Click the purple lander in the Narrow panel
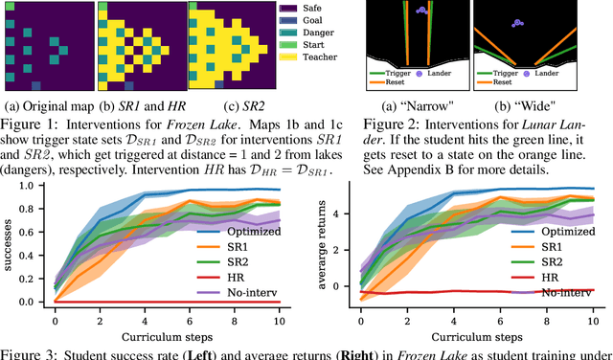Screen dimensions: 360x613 [x=422, y=11]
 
